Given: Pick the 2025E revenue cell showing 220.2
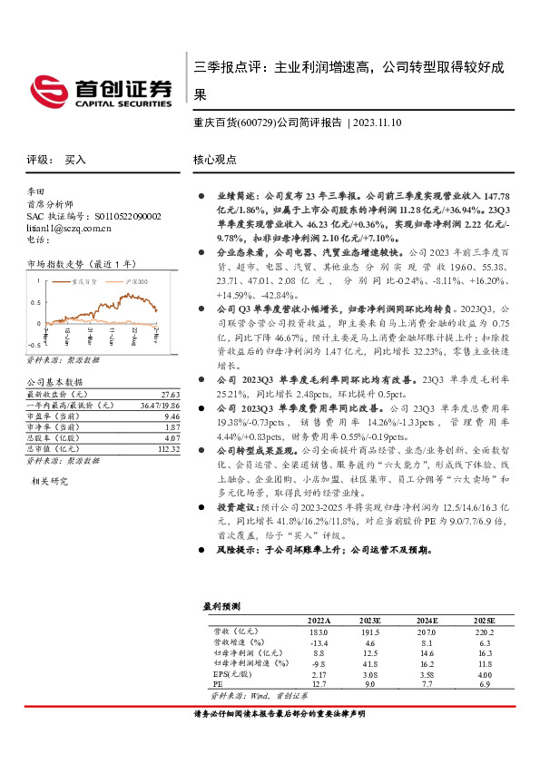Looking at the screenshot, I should [x=487, y=630].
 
